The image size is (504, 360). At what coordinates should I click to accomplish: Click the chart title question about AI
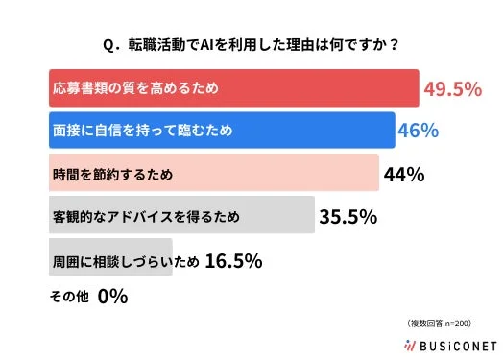pos(252,43)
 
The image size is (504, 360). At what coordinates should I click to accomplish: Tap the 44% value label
pos(403,175)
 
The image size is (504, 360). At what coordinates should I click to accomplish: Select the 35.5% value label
pos(348,217)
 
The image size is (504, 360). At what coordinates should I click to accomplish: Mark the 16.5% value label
pos(233,259)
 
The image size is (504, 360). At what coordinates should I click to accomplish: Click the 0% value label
pos(111,297)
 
